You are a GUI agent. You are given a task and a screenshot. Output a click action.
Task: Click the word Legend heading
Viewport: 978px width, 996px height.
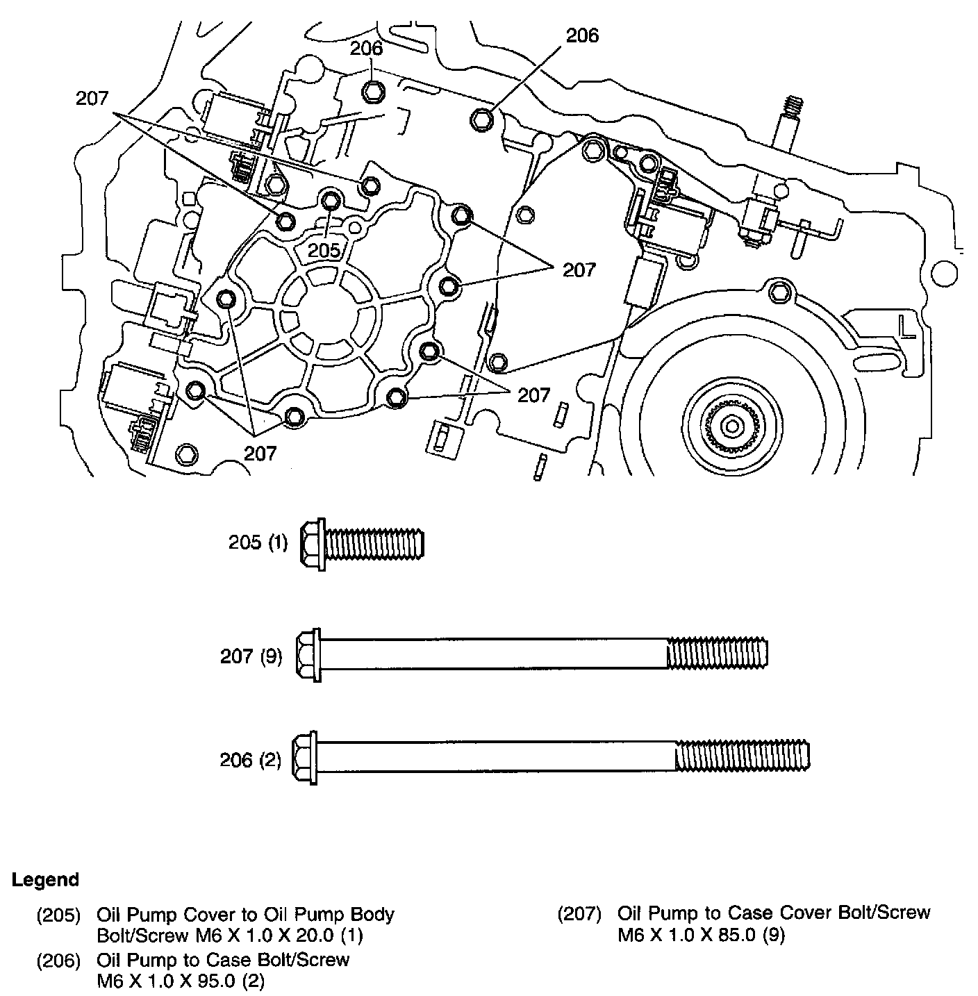coord(45,880)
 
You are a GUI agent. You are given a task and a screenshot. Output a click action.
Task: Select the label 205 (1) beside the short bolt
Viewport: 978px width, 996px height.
coord(258,542)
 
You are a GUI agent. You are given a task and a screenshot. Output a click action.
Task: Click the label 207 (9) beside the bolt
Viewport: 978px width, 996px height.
coord(251,656)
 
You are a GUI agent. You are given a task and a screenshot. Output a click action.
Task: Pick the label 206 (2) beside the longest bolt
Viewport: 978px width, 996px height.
coord(251,760)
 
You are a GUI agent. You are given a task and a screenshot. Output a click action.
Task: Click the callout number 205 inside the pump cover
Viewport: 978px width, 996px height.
coord(325,250)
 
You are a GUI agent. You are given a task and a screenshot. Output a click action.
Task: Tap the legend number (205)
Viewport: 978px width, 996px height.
coord(58,915)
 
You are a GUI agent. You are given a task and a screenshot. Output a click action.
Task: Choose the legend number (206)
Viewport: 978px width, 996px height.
coord(58,961)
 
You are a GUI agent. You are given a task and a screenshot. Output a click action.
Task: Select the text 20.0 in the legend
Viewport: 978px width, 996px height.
coord(313,936)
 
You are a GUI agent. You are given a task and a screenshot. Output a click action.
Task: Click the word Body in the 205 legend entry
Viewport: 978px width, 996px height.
coord(372,915)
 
